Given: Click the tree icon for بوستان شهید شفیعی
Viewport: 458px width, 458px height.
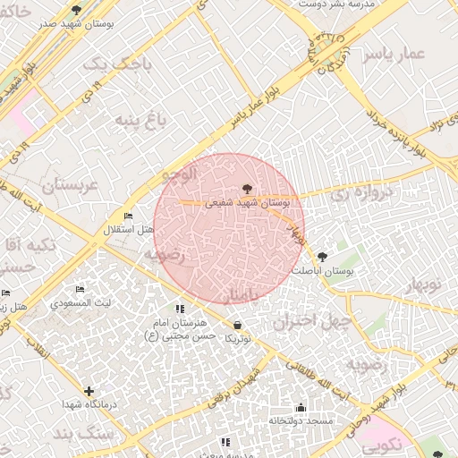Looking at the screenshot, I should tap(247, 189).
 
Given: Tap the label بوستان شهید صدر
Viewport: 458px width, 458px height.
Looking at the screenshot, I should tap(73, 24).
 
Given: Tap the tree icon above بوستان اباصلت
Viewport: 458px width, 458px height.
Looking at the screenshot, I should tap(322, 256).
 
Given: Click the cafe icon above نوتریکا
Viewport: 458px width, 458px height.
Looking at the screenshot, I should tap(237, 325).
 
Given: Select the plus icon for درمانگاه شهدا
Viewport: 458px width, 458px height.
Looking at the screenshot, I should tap(89, 391).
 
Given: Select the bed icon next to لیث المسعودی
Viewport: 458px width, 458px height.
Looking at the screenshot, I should tap(81, 290).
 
